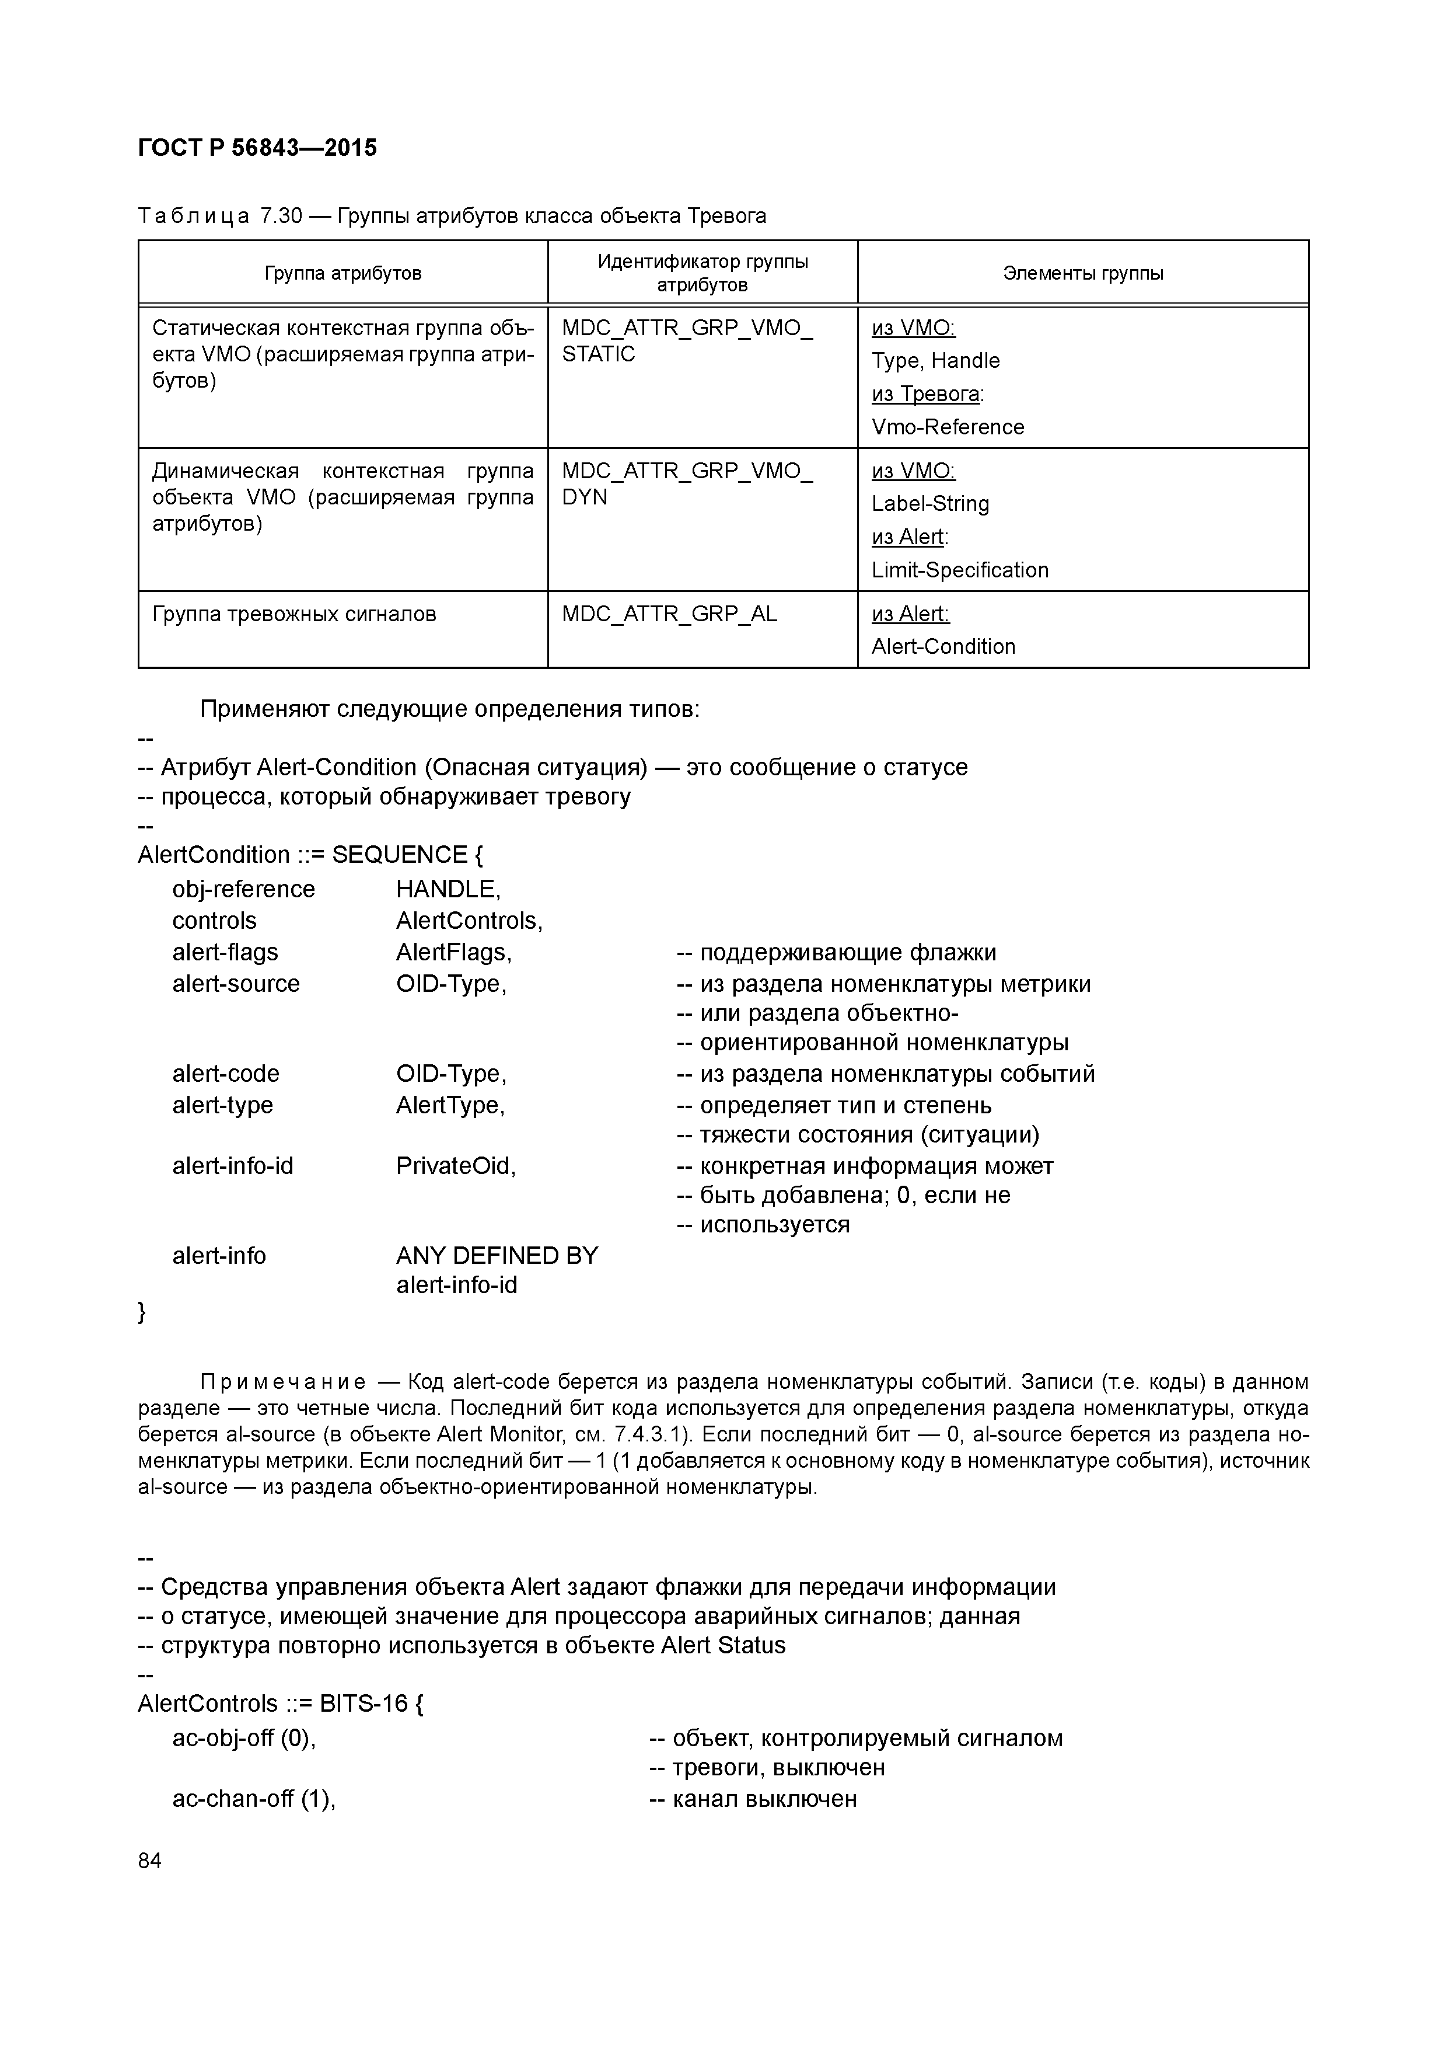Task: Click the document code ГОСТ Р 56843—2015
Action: tap(258, 148)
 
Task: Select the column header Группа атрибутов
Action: tap(342, 274)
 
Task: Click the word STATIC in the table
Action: tap(598, 354)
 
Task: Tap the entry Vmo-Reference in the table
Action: tap(948, 427)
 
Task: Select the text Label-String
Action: tap(930, 504)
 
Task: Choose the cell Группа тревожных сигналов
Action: tap(294, 615)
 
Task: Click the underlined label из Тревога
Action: tap(927, 394)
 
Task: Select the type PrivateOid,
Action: tap(456, 1166)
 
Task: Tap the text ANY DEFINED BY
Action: tap(497, 1256)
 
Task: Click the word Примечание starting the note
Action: tap(282, 1382)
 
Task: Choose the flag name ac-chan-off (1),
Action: tap(253, 1798)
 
